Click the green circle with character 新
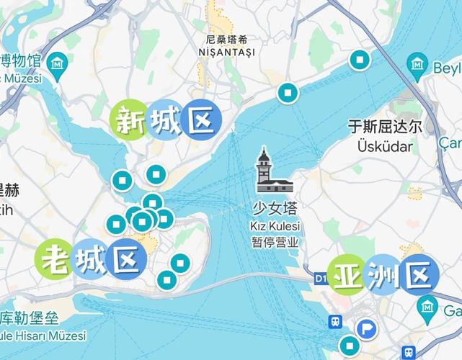(128, 120)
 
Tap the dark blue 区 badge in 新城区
(200, 120)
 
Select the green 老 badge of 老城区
(56, 258)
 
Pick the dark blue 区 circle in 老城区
(126, 258)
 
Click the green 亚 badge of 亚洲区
(347, 275)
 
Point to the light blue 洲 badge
(383, 274)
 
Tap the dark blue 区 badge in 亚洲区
(419, 274)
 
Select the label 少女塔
(274, 210)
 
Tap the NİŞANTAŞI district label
(227, 53)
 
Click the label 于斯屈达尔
(384, 127)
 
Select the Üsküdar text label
(384, 146)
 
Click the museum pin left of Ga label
(428, 308)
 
